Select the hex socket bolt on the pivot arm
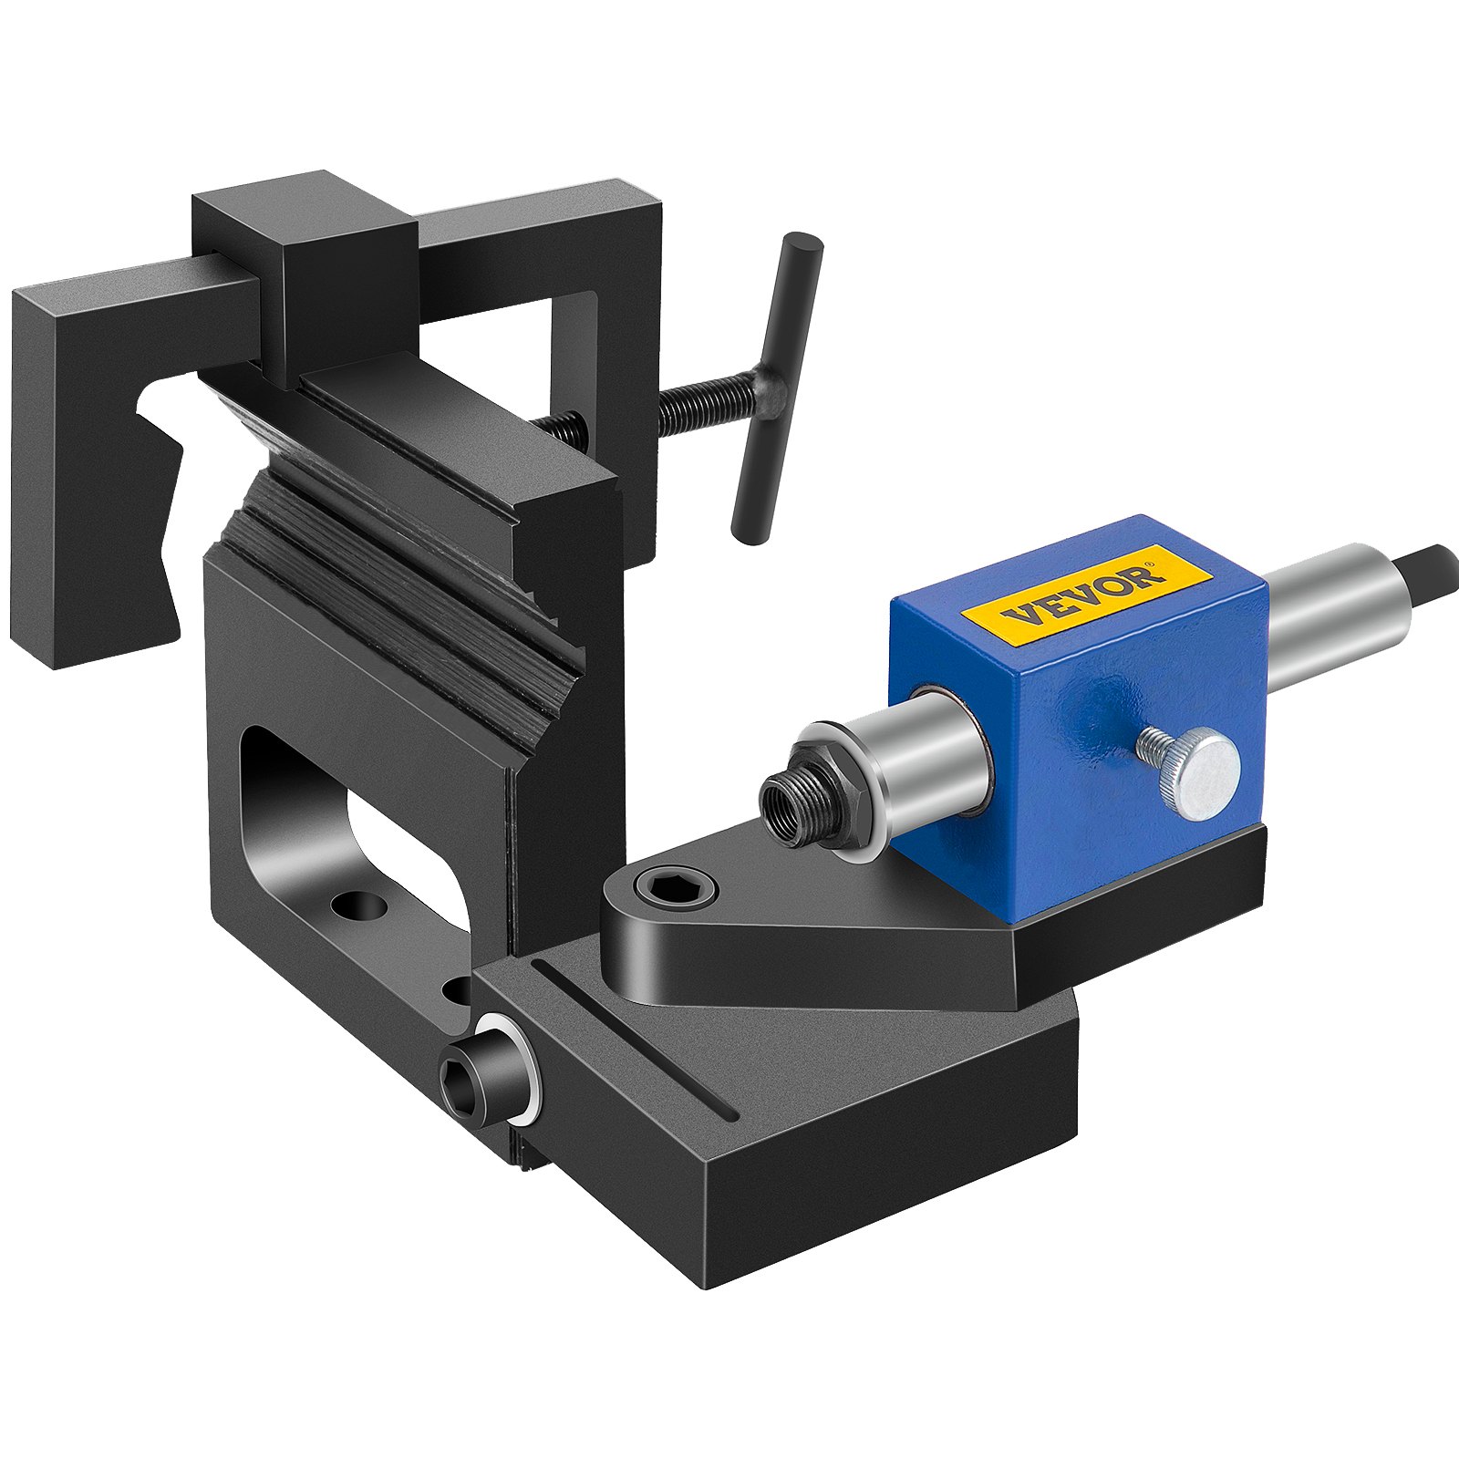coord(674,885)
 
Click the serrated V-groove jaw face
coord(401,584)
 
